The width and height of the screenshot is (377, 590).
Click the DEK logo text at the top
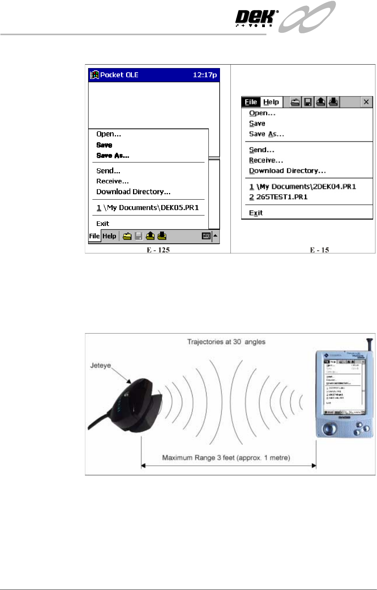point(256,17)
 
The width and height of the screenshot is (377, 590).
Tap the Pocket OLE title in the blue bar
point(119,75)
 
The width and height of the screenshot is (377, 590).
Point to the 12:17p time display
point(205,75)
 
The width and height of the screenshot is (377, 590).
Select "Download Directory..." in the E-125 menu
point(133,192)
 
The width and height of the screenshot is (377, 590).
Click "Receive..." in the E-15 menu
point(266,161)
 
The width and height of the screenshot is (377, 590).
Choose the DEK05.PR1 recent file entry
point(148,208)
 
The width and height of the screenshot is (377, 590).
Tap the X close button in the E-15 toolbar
point(366,102)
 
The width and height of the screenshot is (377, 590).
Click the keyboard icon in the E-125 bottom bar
point(206,236)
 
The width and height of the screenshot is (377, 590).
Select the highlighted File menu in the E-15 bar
point(251,102)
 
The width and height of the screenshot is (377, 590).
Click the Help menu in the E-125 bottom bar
point(109,236)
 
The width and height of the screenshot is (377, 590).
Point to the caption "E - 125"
point(158,250)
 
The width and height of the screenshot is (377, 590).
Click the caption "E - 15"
point(319,250)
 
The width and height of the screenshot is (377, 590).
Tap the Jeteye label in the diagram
point(101,366)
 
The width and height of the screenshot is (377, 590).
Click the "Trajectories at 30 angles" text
point(226,342)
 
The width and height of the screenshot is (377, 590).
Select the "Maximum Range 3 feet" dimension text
point(226,458)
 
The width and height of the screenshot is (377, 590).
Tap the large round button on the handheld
point(330,429)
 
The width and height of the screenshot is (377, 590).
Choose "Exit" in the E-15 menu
point(256,213)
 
